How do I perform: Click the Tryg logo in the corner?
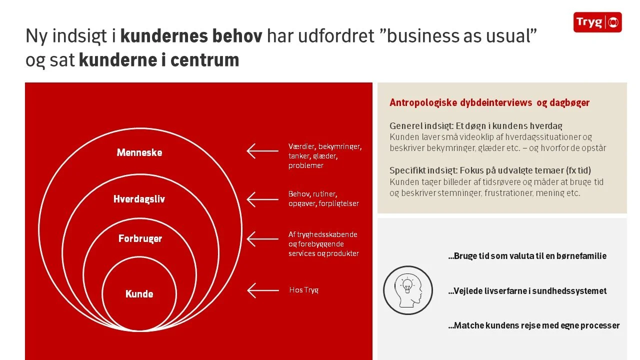(x=597, y=22)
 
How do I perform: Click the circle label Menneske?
(x=139, y=152)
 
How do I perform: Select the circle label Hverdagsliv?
(x=139, y=199)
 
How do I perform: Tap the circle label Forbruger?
(x=140, y=238)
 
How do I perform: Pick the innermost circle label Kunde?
(x=139, y=294)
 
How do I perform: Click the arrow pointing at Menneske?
(x=262, y=150)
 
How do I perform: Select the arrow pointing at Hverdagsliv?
(x=262, y=199)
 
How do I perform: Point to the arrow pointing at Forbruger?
(x=262, y=239)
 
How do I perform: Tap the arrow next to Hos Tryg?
(x=262, y=290)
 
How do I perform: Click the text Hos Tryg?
(x=303, y=290)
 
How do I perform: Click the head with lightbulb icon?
(x=407, y=290)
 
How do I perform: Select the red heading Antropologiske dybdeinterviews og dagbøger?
(x=489, y=103)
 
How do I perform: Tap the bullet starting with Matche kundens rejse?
(x=533, y=325)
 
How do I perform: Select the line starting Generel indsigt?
(x=479, y=125)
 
